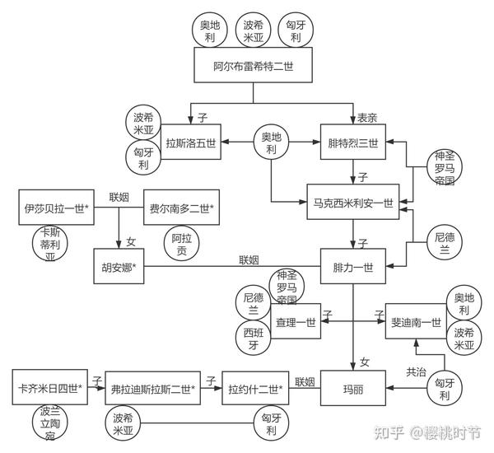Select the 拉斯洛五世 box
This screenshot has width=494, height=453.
coord(190,142)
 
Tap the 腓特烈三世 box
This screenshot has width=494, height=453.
coord(352,142)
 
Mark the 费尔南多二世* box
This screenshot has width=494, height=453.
coord(181,208)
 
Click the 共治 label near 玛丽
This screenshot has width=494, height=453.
coord(417,372)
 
